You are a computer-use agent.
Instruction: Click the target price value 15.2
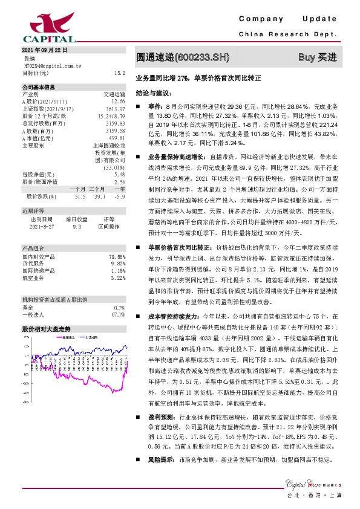[119, 72]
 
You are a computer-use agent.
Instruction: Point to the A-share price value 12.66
[118, 102]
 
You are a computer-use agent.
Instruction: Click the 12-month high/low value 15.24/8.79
[111, 115]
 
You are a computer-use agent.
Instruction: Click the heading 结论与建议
[153, 94]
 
